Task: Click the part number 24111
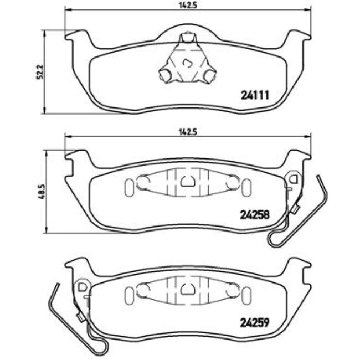[254, 95]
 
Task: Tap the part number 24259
[254, 321]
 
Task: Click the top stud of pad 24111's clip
[188, 38]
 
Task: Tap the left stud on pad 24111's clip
[164, 74]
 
